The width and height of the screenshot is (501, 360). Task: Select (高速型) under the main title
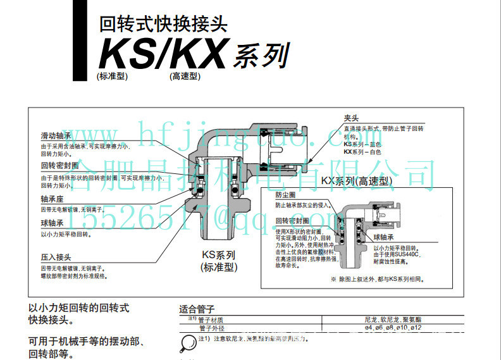pos(184,77)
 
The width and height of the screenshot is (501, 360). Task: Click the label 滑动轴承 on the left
pos(56,136)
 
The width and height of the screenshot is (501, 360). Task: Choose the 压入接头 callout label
pos(55,258)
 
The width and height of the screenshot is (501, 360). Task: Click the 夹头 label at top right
pos(351,118)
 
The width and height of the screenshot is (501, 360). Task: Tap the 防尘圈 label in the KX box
pos(286,196)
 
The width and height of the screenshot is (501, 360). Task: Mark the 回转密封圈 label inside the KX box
pos(292,221)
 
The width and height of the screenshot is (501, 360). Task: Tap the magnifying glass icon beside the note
pos(188,342)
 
